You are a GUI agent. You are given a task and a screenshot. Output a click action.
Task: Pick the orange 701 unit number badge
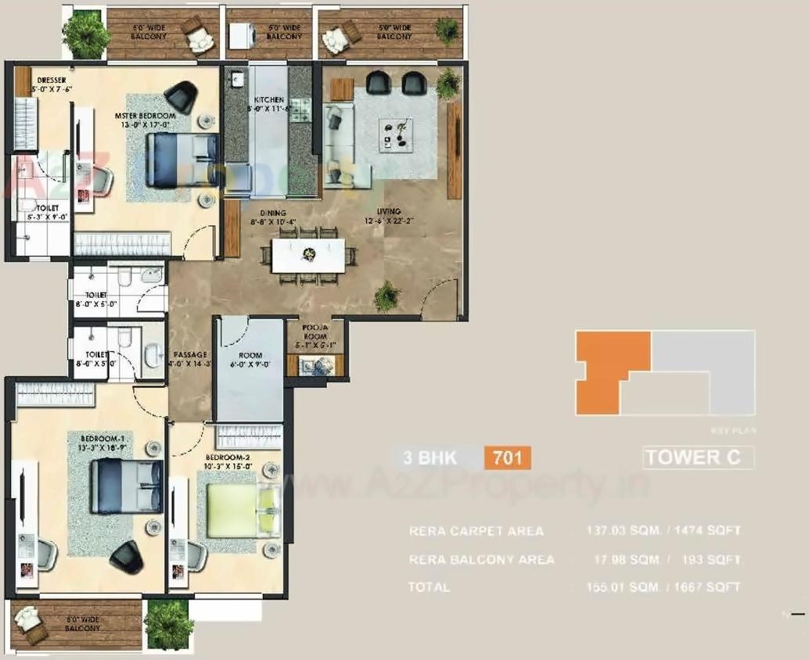[507, 457]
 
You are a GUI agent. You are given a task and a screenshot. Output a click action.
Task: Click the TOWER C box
[698, 457]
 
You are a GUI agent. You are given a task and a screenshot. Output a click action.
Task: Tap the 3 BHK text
[430, 457]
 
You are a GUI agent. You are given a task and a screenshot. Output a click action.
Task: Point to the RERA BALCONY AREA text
[481, 559]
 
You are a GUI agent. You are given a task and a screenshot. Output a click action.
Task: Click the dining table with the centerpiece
[309, 254]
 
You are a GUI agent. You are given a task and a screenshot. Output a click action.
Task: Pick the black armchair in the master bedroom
[182, 96]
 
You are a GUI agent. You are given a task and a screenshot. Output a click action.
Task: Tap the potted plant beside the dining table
[387, 296]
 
